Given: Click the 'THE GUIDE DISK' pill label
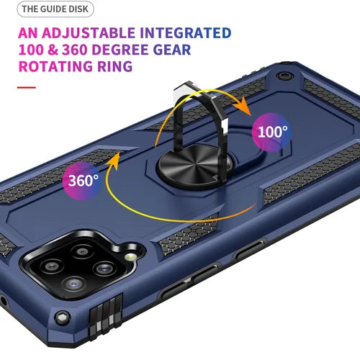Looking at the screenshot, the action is coord(55,9).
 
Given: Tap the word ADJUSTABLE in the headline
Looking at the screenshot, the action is coord(89,33).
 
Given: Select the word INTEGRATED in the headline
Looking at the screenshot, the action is coord(186,33).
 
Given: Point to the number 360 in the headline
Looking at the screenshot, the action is coord(74,50).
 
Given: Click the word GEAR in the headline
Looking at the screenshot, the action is coord(172,50).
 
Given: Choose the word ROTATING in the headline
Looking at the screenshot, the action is coord(55,66).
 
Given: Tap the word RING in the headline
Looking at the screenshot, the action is coord(115,66).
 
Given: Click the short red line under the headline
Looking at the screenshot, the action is coord(27,87).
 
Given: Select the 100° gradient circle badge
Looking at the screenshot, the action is coord(271,132).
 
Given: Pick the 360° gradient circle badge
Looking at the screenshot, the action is coord(82,181).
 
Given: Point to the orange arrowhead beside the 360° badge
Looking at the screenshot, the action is coord(113,159).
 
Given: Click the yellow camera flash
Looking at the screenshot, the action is coord(131,257).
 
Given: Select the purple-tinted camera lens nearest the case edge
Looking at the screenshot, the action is coord(74,284).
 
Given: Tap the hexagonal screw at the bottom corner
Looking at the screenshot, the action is coord(62,318).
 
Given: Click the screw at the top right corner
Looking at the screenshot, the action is coord(284,76).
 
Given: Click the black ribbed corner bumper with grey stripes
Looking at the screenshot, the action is coord(106,316).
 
